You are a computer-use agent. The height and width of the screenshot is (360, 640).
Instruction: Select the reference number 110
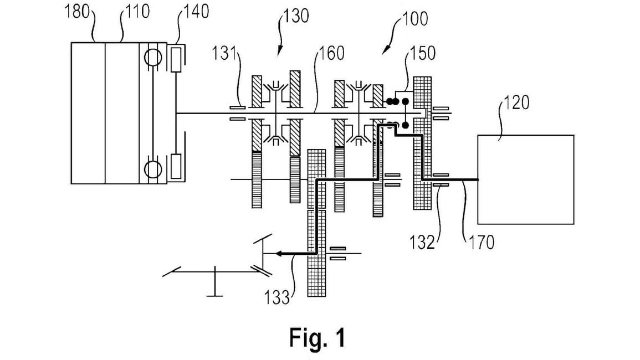(x=136, y=12)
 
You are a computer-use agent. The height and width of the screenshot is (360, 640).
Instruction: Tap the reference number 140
(x=197, y=12)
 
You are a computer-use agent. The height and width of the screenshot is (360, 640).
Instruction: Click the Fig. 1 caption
(x=317, y=337)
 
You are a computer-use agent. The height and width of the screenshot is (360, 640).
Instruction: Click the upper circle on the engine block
(x=152, y=58)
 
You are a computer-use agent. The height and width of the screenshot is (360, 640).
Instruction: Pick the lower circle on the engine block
(x=152, y=167)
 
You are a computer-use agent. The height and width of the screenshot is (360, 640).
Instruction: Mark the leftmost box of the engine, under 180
(x=88, y=112)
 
